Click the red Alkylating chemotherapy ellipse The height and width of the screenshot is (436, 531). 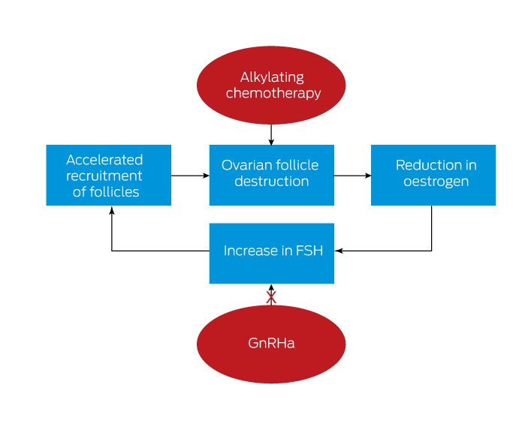pos(271,86)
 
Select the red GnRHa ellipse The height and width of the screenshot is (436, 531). pos(271,344)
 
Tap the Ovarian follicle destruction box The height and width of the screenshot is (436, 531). pos(272,175)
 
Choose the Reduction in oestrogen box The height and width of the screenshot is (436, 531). pos(433,175)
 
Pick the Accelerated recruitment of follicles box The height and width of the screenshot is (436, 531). pos(108,175)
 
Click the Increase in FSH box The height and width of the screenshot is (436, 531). pos(272,254)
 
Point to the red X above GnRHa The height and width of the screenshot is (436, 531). pos(271,297)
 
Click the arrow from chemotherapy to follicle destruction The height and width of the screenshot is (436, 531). pos(271,134)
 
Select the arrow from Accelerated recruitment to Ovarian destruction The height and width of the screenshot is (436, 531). pos(190,176)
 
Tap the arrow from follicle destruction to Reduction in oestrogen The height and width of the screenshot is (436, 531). pos(352,176)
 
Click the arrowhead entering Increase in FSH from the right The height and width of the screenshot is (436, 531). pos(338,251)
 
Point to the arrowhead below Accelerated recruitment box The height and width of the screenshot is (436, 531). pos(111,209)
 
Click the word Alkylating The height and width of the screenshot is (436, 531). pos(272,77)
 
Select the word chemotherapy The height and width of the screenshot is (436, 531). pos(273,93)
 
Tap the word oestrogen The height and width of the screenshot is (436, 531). pos(436,182)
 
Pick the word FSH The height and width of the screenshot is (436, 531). pos(309,251)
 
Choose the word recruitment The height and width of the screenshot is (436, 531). pos(104,176)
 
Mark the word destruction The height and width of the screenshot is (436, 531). pos(272,182)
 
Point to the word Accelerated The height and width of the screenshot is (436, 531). pos(104,160)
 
